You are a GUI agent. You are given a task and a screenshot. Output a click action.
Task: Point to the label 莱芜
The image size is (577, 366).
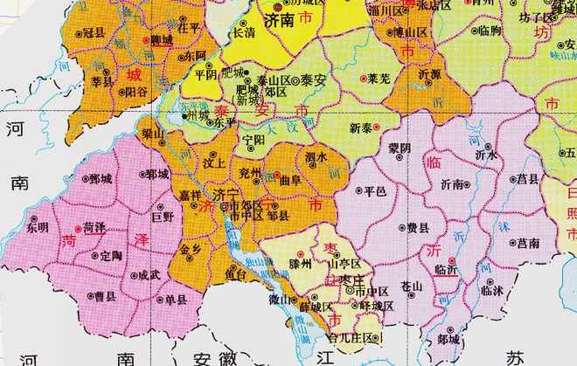(379, 79)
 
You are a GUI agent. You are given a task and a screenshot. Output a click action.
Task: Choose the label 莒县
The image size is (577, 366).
(527, 178)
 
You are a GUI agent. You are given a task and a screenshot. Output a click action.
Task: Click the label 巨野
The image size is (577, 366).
(163, 214)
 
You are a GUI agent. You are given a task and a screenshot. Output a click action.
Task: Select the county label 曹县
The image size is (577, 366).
(106, 296)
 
